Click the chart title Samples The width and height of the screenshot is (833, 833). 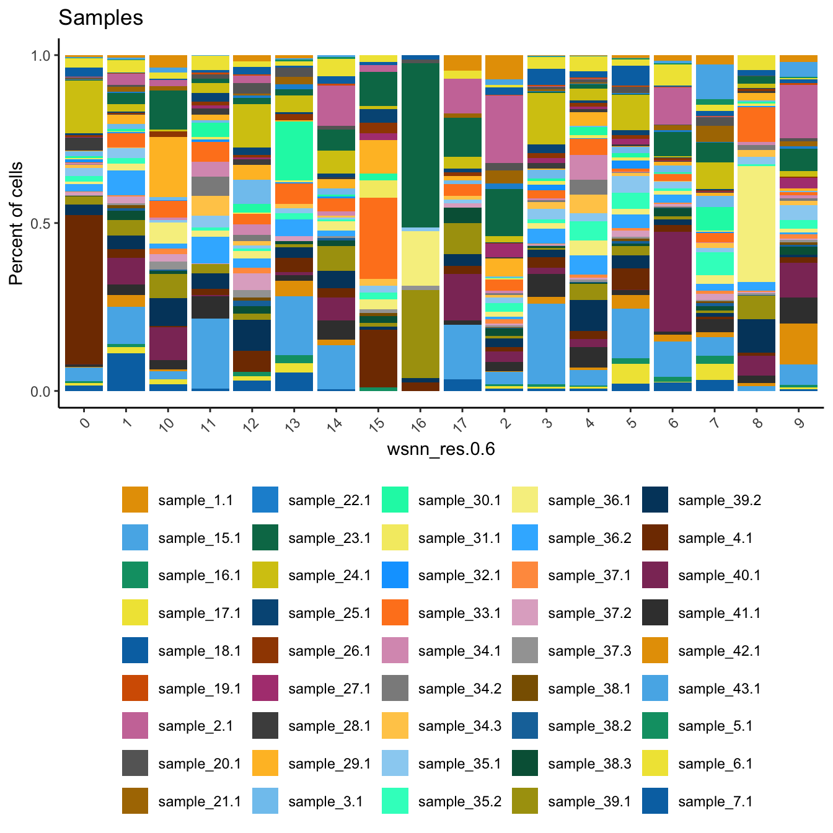[x=100, y=18]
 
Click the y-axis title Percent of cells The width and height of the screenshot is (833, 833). [x=17, y=223]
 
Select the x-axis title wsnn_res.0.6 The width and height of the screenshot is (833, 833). [x=441, y=449]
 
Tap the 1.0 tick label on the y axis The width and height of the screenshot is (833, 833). [x=41, y=56]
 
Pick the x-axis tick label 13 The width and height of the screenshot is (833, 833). [x=293, y=424]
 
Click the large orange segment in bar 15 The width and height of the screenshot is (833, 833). [x=378, y=238]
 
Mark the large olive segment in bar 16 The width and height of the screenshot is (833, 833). [x=420, y=333]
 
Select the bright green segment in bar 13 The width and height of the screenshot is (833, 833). [x=294, y=151]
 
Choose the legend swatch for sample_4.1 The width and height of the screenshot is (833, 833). [x=655, y=538]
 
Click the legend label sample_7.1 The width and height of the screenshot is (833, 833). [x=715, y=801]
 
